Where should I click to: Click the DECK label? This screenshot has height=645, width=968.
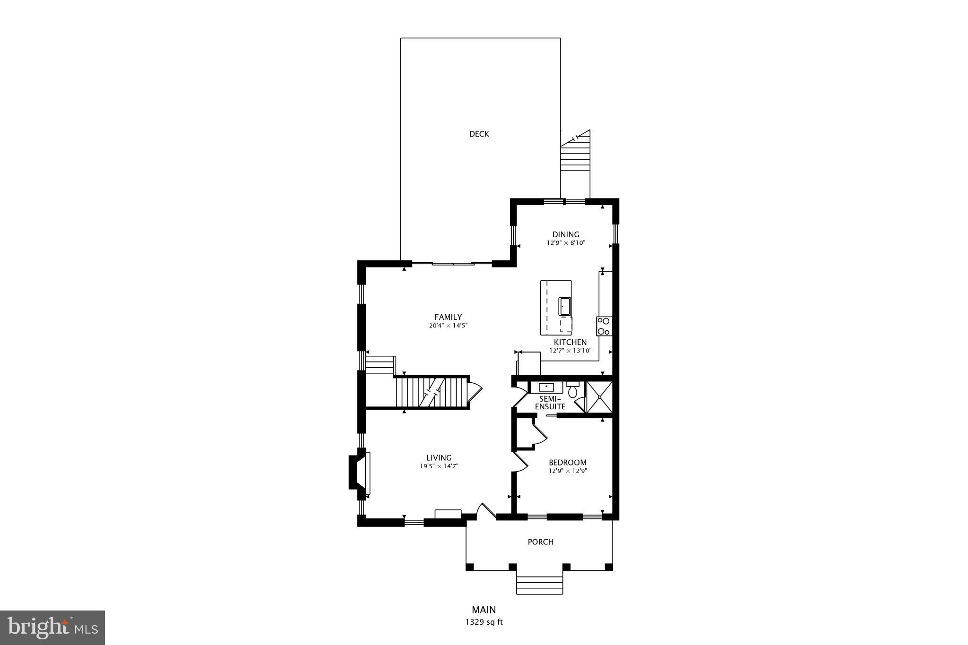coord(479,134)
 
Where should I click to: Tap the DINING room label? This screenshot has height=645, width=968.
coord(566,234)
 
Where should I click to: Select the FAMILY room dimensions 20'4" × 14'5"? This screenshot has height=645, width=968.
coord(448,326)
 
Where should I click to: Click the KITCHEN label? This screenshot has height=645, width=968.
coord(570,342)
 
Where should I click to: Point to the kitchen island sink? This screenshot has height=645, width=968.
coord(565,306)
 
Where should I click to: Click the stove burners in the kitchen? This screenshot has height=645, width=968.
coord(604,326)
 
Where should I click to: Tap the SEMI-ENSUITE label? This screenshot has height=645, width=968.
coord(550,403)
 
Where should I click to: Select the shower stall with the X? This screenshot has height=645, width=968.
coord(599,397)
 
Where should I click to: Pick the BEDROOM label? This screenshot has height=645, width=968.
coord(567,462)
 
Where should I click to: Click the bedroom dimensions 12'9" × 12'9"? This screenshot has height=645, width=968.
coord(567,471)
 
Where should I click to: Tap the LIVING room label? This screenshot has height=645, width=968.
coord(439,457)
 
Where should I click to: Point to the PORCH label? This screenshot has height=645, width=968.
coord(540,542)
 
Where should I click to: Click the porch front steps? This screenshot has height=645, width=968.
coord(539,585)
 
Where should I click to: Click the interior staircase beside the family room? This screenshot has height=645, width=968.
coord(430,392)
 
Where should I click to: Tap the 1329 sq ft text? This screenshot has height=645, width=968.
coord(484,622)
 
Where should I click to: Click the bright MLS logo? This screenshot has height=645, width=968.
coord(52,628)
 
